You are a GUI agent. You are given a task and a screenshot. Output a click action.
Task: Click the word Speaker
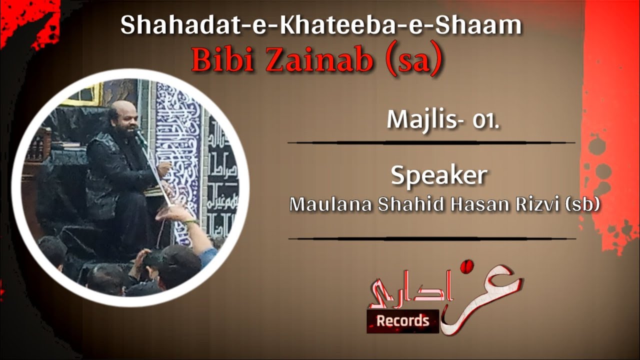pyautogui.click(x=438, y=175)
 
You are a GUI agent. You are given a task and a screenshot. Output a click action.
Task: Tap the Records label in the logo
pyautogui.click(x=402, y=320)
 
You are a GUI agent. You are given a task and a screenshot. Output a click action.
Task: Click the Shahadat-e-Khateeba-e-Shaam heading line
pyautogui.click(x=321, y=26)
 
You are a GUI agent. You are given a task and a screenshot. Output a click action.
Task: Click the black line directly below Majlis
pyautogui.click(x=431, y=142)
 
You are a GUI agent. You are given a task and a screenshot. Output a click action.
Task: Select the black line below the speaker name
pyautogui.click(x=431, y=238)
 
